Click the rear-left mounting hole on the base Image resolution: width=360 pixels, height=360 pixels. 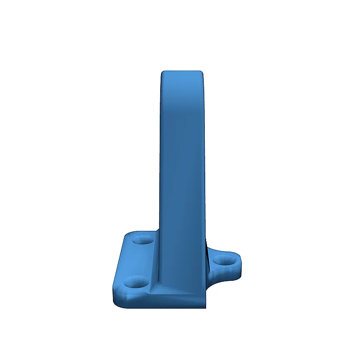[143, 240]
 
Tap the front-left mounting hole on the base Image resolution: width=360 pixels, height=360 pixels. [135, 283]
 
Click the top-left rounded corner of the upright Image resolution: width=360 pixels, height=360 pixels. [163, 73]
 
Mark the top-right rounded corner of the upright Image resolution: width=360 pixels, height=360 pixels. [201, 73]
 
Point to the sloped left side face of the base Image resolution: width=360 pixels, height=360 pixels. [118, 265]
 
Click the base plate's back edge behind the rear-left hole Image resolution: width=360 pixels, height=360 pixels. [142, 232]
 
